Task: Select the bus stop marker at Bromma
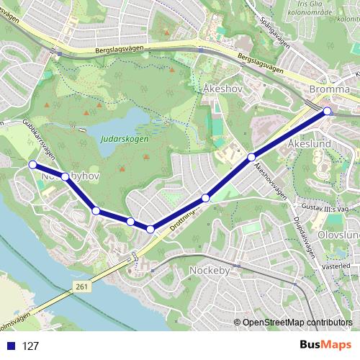click(x=328, y=111)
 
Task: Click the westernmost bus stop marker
click(x=32, y=165)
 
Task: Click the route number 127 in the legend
click(x=30, y=346)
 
